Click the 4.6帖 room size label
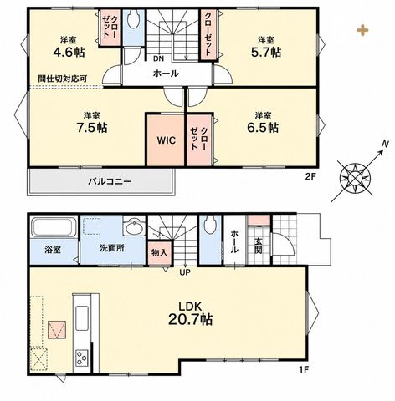pos(69,53)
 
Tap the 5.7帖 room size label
pos(266,53)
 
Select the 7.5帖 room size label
pos(92,128)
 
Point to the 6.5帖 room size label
pos(263,128)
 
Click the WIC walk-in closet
pos(166,140)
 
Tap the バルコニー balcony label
pos(110,182)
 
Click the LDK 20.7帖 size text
pos(190,314)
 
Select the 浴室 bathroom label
pos(53,250)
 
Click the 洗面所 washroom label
pos(112,248)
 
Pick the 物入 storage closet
pos(159,253)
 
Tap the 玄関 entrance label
pos(259,245)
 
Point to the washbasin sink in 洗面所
pos(135,227)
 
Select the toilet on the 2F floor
pos(133,19)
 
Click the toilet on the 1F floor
pos(210,225)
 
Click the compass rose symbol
pos(356,177)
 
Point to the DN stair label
pos(158,58)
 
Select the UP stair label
pos(185,272)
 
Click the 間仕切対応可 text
pos(63,79)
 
